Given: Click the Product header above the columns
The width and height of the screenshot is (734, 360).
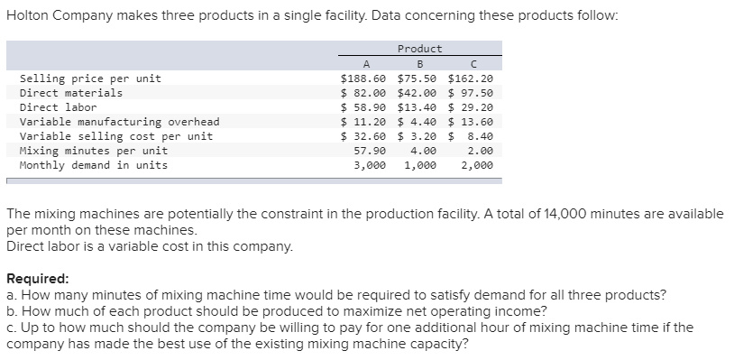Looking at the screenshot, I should coord(419,49).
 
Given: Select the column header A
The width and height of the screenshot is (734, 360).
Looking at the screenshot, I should coord(365,63).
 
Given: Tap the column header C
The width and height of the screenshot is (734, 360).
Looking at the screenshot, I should coord(473,63).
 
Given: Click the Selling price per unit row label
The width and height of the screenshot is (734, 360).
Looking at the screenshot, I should coord(90,78).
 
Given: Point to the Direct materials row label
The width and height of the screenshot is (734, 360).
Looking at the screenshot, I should coord(71,93).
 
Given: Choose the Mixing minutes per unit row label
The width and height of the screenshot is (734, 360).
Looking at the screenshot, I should coord(94,151).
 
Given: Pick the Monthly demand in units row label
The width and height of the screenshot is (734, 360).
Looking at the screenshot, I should coord(94,165).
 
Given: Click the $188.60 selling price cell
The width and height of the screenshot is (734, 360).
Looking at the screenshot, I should coord(363,78).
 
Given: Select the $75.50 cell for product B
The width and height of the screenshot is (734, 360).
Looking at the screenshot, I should coord(417,78).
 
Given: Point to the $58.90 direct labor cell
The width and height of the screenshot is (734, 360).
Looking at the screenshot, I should coord(363,107).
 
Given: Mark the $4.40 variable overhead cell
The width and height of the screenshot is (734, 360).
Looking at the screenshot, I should coord(417,122).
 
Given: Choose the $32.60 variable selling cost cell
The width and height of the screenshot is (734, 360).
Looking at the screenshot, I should coord(363,136).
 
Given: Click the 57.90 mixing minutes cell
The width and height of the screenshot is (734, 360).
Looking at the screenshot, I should coord(371,151).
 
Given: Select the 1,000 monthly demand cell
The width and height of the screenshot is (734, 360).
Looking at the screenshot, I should coord(420,165).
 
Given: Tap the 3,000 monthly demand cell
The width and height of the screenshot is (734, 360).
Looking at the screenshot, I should coord(371,165).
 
